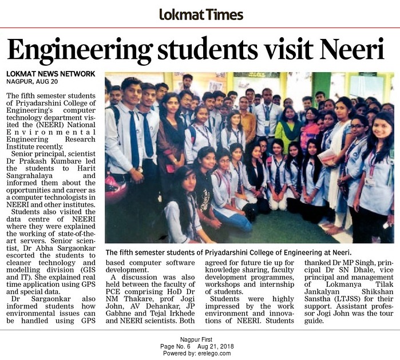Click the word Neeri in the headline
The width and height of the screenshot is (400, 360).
(350, 50)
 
